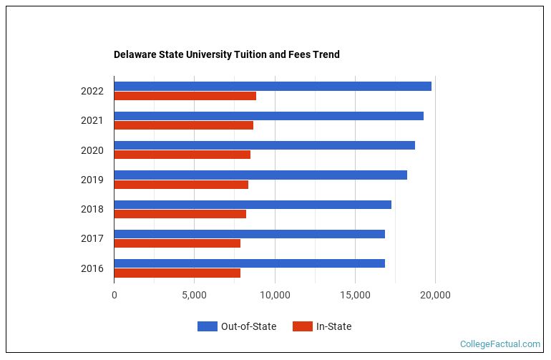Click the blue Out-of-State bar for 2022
click(273, 86)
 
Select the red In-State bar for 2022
click(185, 96)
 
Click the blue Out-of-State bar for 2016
click(249, 263)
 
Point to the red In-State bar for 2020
click(182, 155)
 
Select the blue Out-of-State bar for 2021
click(268, 116)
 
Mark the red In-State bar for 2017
click(177, 243)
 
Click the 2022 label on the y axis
click(92, 91)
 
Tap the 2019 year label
click(92, 180)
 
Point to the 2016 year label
click(92, 268)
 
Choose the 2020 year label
click(92, 150)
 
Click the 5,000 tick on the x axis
click(194, 294)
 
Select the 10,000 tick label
click(275, 294)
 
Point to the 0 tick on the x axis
click(114, 294)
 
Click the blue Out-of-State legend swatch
click(208, 326)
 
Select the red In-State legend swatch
click(303, 326)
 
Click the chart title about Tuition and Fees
click(226, 54)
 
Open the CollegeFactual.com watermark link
click(499, 344)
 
